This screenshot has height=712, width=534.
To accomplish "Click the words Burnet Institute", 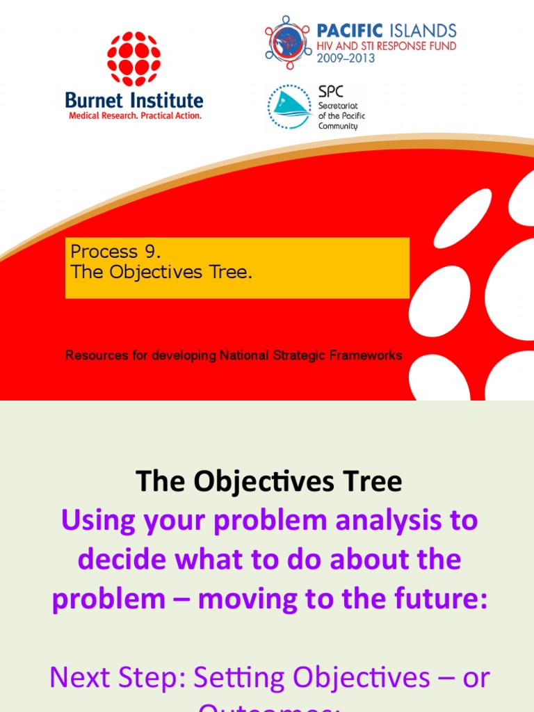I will (x=134, y=101).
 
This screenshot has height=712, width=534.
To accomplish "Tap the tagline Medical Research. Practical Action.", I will (x=135, y=115).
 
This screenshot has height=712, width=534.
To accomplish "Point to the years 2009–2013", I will (x=346, y=58).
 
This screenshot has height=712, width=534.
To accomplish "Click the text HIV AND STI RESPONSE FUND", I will (x=387, y=46).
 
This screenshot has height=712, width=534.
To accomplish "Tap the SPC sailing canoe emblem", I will (x=290, y=107).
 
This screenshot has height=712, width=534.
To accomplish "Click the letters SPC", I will (x=330, y=92).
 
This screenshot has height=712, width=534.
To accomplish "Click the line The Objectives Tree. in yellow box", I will (x=161, y=272).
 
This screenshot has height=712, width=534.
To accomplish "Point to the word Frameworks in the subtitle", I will (x=366, y=355).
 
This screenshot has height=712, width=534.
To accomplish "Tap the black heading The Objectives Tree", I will (x=268, y=481).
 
